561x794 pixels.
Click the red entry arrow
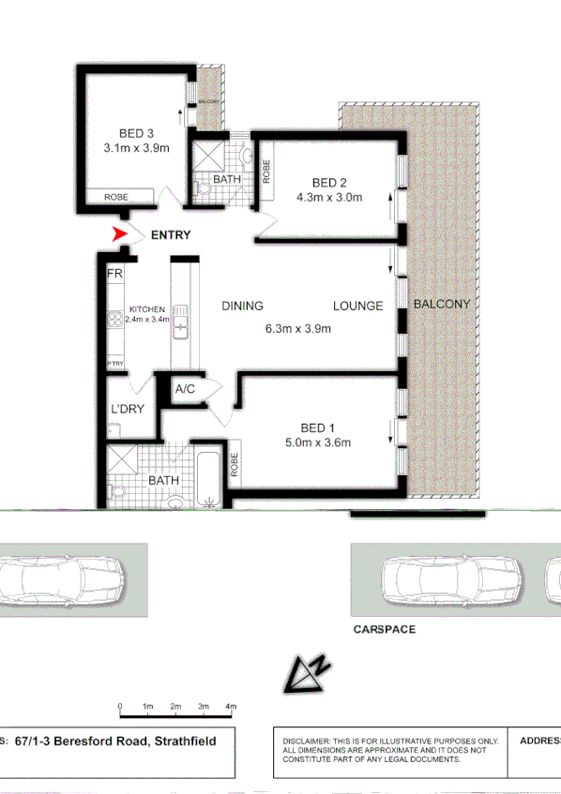click(x=119, y=234)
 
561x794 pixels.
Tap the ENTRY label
click(x=170, y=235)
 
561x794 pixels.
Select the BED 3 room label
click(x=136, y=132)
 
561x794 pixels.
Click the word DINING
click(x=242, y=306)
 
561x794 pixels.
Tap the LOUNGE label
click(x=357, y=306)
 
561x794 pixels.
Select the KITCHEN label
click(x=146, y=308)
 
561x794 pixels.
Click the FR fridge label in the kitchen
click(x=115, y=274)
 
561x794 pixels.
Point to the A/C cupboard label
click(x=185, y=389)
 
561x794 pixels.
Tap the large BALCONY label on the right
click(x=441, y=304)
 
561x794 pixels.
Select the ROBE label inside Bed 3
click(x=115, y=197)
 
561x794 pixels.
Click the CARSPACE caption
click(x=384, y=629)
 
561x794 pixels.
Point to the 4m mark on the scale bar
click(x=231, y=706)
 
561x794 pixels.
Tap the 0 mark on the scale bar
click(x=120, y=706)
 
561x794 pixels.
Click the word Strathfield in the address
click(x=185, y=741)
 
